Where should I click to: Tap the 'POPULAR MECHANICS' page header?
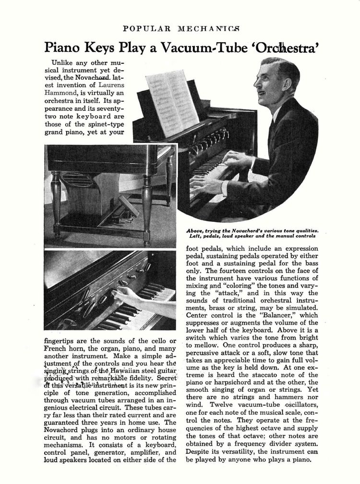(x=180, y=28)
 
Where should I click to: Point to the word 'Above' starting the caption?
(x=194, y=231)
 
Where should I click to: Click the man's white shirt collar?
(x=277, y=116)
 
